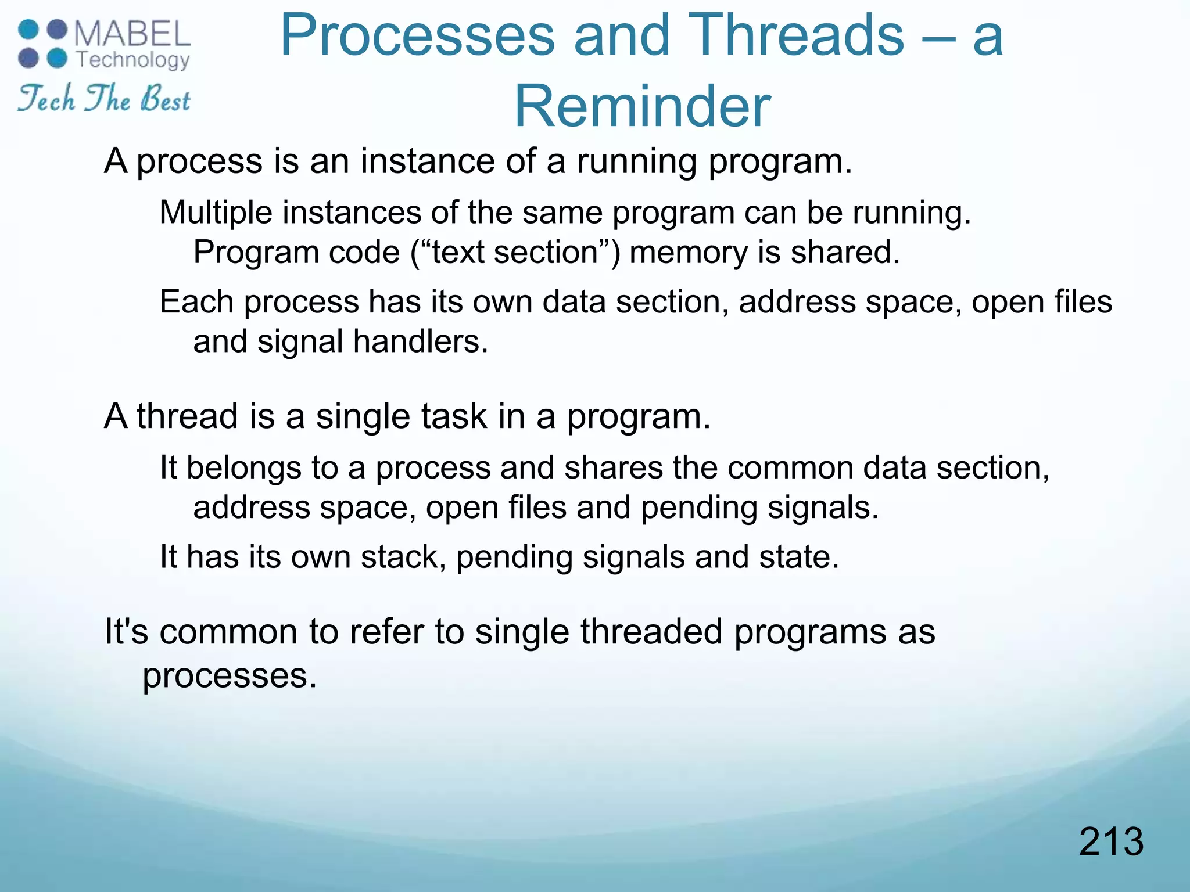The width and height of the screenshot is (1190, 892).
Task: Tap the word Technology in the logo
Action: click(x=133, y=59)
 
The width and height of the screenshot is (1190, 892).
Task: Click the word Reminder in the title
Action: click(x=642, y=106)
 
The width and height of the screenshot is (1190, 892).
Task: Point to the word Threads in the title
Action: click(x=796, y=36)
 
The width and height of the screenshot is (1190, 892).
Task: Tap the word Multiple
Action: click(x=216, y=213)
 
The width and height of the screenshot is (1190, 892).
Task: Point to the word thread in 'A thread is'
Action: click(x=187, y=416)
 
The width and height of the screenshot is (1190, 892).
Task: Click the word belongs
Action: click(x=243, y=468)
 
